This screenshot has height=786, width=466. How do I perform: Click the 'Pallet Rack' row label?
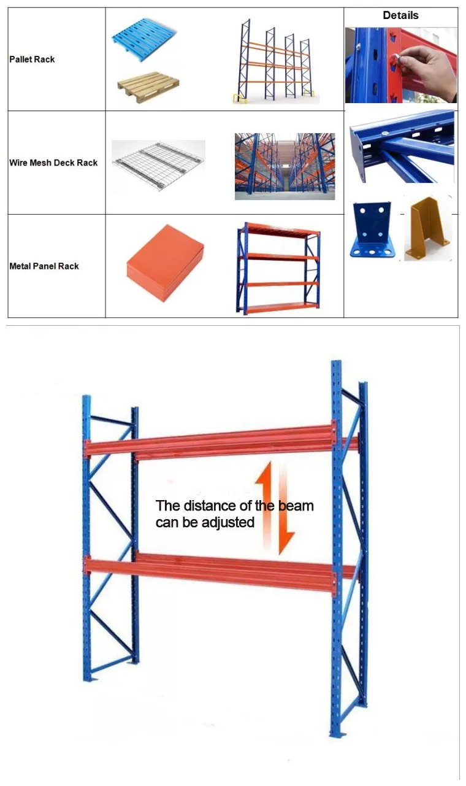click(x=32, y=60)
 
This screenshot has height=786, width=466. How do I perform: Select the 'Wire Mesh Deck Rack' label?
click(x=53, y=163)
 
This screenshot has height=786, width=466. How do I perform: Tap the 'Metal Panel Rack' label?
click(x=44, y=266)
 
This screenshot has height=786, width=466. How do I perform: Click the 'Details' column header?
click(x=400, y=15)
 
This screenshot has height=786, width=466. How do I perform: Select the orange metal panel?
click(x=165, y=263)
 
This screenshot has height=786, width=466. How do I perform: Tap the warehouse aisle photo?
click(x=285, y=166)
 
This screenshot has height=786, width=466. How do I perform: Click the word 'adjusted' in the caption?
click(x=227, y=523)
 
